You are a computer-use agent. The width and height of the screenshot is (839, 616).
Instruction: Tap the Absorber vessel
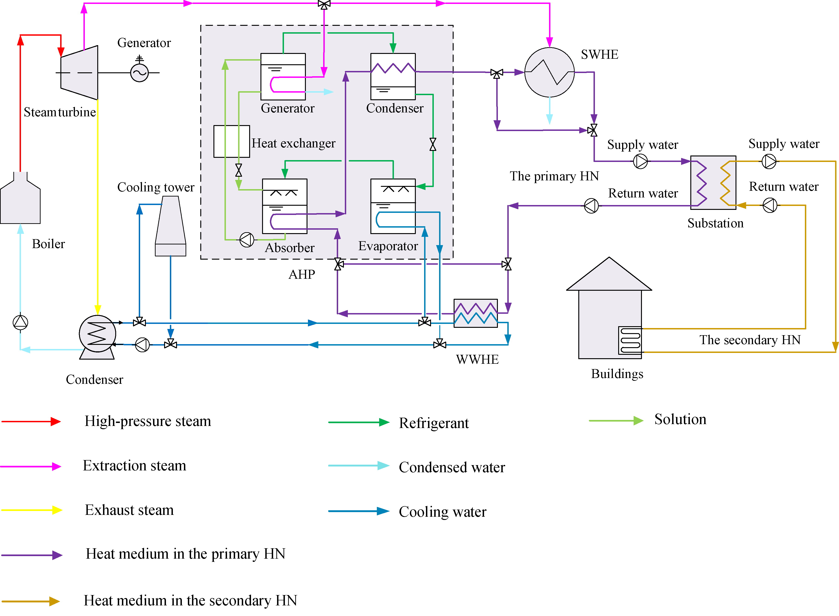285,206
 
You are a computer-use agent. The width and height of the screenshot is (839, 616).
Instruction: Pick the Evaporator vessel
393,206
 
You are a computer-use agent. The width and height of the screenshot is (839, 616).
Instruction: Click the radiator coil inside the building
630,340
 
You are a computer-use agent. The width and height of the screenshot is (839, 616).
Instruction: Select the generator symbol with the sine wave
139,73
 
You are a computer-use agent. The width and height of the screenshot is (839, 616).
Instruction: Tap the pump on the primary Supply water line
641,161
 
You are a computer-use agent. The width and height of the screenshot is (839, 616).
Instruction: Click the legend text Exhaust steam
129,510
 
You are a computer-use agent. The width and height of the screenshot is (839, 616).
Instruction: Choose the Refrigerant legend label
434,423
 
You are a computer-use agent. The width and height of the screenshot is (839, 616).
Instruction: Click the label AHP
302,274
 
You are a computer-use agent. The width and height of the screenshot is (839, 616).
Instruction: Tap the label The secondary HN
750,340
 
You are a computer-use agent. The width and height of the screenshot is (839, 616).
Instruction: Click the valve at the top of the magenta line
324,4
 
